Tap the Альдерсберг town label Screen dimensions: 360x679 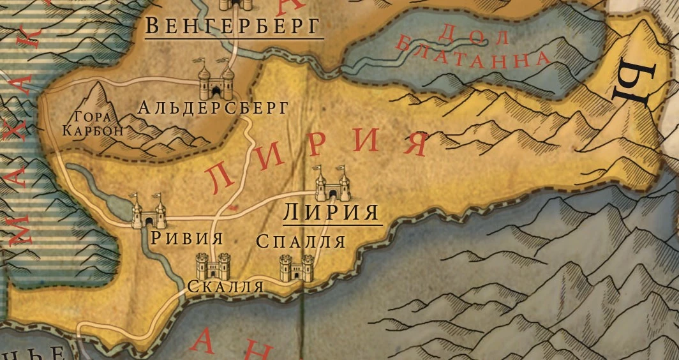coord(213,107)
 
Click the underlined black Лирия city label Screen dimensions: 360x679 coord(331,212)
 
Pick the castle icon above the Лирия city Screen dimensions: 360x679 coord(332,184)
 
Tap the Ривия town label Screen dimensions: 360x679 coord(187,239)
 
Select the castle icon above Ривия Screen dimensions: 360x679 coord(148,213)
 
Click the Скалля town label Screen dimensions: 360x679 coord(225,287)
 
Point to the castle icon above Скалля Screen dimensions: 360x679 coord(213,266)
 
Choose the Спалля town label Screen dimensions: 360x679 coord(301,241)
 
